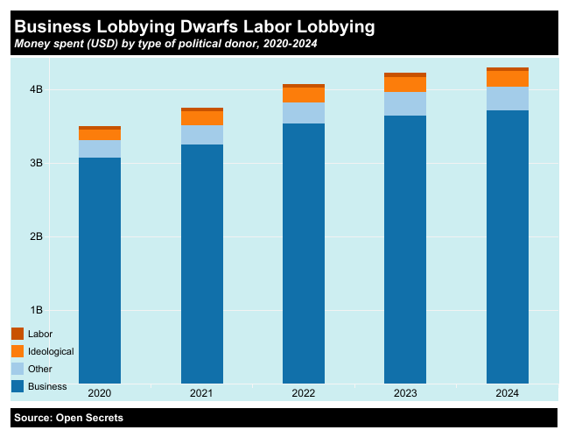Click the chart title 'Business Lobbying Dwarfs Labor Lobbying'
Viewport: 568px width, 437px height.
point(194,27)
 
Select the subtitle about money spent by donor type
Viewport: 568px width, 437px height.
point(165,44)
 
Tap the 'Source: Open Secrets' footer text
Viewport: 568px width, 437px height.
point(68,418)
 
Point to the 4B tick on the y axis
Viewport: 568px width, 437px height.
point(36,89)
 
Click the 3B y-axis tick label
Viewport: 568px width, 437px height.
point(36,163)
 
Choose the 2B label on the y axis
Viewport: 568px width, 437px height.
point(36,236)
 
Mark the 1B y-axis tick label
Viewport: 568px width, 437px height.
point(36,310)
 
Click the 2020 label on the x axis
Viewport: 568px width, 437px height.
point(99,394)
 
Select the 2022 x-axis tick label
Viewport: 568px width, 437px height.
point(304,394)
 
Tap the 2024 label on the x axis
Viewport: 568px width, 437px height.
point(508,394)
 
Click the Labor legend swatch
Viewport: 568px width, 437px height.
point(18,334)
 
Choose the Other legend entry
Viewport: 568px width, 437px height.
point(39,369)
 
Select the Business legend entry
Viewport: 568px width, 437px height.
point(46,386)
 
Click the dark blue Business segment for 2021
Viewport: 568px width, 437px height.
point(201,263)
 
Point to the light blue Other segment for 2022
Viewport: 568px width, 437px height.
point(304,113)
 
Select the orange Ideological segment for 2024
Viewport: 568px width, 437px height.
point(508,79)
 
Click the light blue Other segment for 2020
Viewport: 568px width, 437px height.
point(99,149)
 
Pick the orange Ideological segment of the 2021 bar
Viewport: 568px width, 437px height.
point(201,118)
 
